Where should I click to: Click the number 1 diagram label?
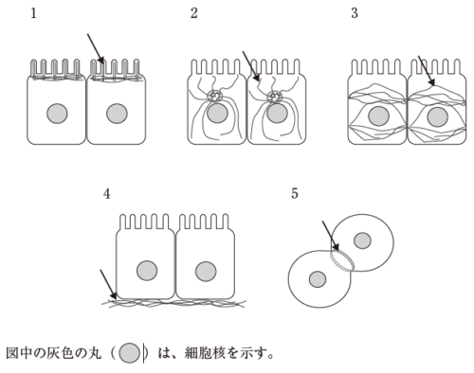[33, 13]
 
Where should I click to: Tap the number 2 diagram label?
[194, 13]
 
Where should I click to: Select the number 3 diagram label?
[355, 13]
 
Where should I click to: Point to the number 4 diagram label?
[107, 194]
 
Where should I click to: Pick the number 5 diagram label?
[295, 193]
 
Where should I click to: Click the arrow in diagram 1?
[96, 49]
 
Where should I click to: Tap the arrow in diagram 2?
[251, 66]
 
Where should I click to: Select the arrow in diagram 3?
[427, 71]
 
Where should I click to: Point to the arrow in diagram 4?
[109, 284]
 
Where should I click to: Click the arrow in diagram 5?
[331, 236]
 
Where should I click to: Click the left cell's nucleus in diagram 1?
[57, 114]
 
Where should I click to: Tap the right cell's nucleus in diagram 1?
[117, 114]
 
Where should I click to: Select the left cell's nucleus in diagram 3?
[378, 116]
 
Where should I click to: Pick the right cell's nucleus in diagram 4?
[206, 272]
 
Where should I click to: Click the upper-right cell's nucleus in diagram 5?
[362, 240]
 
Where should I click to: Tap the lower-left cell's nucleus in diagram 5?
[318, 279]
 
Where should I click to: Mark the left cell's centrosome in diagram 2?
[214, 97]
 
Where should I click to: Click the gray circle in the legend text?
[130, 353]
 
